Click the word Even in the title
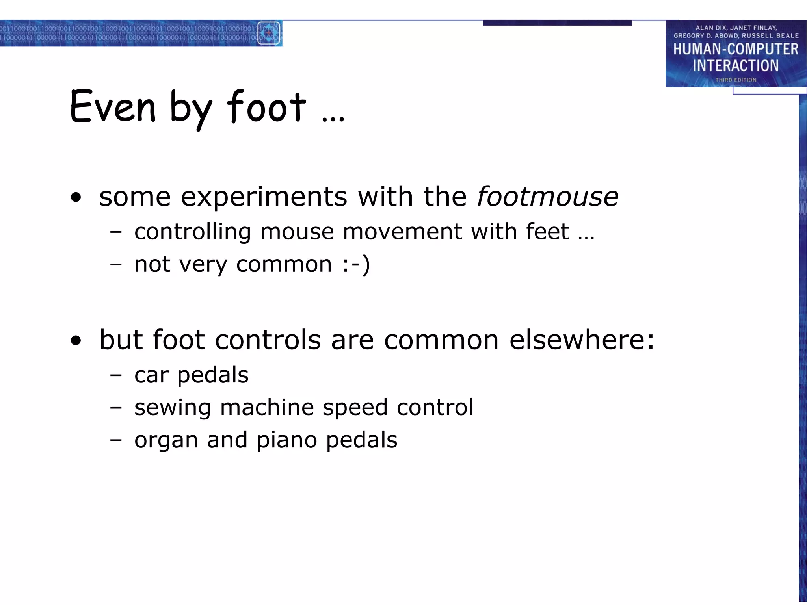(x=113, y=106)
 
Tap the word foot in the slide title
(x=266, y=106)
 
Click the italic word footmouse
(x=548, y=197)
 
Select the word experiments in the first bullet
(x=264, y=197)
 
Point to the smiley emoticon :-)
(x=356, y=264)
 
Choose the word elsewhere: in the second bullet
(x=582, y=340)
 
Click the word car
(x=151, y=375)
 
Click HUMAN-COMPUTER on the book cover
(x=736, y=49)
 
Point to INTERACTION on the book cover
(x=736, y=65)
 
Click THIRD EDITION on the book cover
(x=736, y=80)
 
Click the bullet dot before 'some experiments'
(x=76, y=197)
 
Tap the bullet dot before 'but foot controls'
(x=76, y=340)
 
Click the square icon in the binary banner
(x=269, y=33)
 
